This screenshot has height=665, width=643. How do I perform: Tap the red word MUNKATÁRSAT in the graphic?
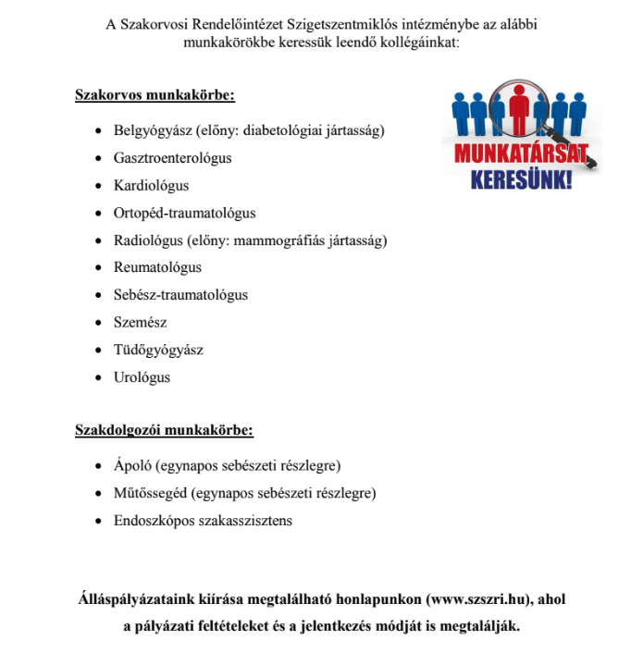coord(520,154)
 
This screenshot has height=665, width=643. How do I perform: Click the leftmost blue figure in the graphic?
coord(462,115)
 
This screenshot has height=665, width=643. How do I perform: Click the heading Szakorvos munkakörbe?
coord(155,95)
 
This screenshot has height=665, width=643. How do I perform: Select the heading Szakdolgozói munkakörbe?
coord(164,430)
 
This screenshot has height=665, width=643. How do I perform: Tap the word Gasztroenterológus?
coord(172,158)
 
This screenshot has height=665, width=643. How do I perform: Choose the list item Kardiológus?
coord(151,186)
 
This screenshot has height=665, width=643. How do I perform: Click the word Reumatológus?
coord(157,268)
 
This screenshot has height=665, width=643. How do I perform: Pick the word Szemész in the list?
coord(140,323)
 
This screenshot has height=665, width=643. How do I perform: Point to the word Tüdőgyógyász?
coord(158,351)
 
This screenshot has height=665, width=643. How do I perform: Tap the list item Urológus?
coord(142,378)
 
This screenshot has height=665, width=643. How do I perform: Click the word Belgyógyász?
coord(147,130)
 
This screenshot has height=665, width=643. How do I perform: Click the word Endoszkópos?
coord(152,521)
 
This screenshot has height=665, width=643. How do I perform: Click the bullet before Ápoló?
coord(100,465)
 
